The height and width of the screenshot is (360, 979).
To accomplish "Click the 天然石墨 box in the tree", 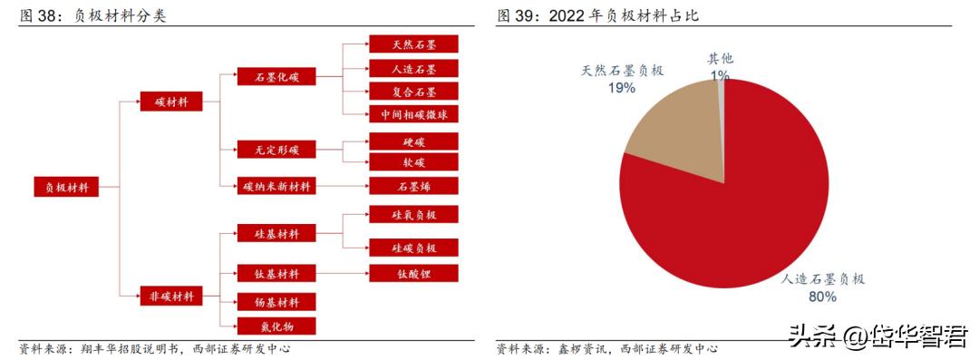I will (x=413, y=44).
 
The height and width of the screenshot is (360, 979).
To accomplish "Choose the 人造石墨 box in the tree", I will (x=413, y=68).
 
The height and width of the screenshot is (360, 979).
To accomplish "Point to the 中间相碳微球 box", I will (x=413, y=114).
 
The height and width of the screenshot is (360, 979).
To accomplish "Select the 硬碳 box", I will (x=413, y=141).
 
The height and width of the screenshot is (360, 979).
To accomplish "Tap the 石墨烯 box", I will (x=413, y=186).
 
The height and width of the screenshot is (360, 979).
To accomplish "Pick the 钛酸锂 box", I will (x=413, y=273).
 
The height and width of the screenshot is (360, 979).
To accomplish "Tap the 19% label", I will (x=622, y=88).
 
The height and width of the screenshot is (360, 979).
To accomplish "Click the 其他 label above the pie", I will (x=721, y=59).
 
